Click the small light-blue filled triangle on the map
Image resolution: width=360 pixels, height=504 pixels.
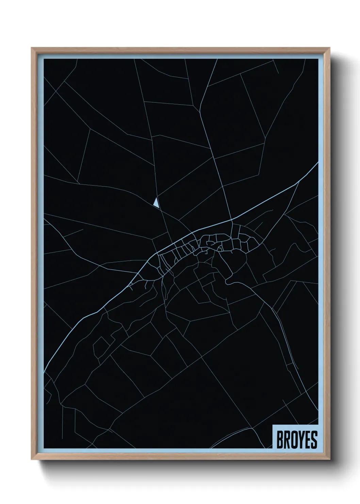tap(156, 203)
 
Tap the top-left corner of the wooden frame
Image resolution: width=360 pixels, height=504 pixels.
tap(32, 48)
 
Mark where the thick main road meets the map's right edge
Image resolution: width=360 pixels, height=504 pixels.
tap(318, 163)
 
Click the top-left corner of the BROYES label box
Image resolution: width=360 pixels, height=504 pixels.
tap(273, 425)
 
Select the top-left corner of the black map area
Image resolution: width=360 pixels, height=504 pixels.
tap(44, 59)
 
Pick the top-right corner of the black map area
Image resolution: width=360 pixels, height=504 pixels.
tap(318, 59)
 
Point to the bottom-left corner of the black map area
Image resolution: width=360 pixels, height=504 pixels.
tap(44, 448)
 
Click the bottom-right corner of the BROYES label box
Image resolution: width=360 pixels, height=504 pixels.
tap(318, 448)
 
